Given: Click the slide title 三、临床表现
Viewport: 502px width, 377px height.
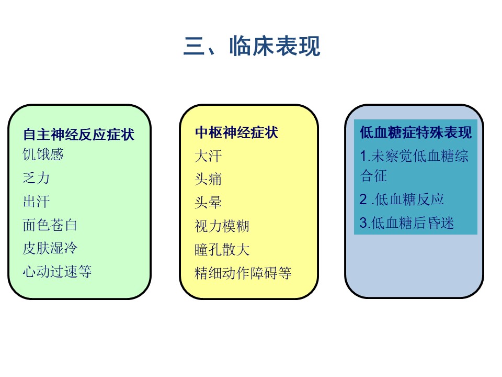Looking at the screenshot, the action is point(252,47).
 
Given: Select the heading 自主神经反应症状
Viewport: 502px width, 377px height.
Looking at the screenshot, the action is point(79,135).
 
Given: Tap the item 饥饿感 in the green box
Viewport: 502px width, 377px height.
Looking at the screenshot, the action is point(43,154).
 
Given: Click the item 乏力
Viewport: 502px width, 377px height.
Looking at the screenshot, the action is point(36,178).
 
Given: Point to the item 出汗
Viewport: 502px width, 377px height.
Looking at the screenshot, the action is point(36,201).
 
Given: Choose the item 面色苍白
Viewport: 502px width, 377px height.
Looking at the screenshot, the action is point(50,225).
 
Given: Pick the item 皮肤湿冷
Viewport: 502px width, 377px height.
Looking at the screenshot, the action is point(50,248).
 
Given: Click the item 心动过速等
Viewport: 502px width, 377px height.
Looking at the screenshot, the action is point(57,272).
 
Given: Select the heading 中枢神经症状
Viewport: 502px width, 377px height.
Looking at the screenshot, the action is point(236,132).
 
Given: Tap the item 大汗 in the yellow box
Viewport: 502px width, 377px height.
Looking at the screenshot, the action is point(208,156).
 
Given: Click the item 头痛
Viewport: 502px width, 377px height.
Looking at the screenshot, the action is point(208,179).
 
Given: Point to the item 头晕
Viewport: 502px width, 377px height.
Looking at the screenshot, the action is point(208,202).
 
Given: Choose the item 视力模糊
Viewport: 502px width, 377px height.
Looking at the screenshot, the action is point(222,226).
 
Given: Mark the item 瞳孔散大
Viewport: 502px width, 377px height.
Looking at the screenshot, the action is point(222,249).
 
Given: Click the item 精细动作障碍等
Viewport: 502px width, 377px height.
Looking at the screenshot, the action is point(243,273).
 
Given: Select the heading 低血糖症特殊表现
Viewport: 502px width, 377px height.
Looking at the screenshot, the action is point(416,132).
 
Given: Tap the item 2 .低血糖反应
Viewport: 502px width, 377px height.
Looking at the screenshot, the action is point(402,199).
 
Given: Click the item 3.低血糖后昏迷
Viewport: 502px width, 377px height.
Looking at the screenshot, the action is point(407,223).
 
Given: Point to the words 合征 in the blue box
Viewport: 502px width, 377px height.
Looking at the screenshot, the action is point(373,176).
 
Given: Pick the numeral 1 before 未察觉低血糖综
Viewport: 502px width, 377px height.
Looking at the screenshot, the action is point(363,157).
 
